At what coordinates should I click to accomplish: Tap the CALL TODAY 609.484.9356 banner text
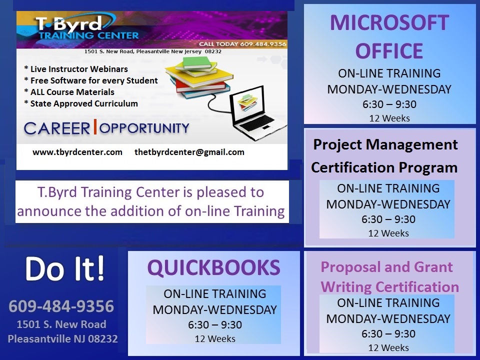click(x=242, y=44)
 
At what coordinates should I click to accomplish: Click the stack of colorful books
click(x=198, y=77)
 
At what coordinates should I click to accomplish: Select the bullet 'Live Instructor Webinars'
click(x=76, y=69)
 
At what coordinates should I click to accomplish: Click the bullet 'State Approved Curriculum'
click(x=81, y=103)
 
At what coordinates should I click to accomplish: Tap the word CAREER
click(x=57, y=128)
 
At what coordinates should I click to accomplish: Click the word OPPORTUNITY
click(x=144, y=128)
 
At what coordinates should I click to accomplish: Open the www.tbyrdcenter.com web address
click(x=77, y=152)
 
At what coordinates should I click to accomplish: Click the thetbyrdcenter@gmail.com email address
click(x=189, y=152)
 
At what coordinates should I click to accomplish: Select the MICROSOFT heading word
click(x=389, y=22)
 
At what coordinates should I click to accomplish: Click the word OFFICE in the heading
click(x=389, y=51)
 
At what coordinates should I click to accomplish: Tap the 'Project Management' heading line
click(x=385, y=144)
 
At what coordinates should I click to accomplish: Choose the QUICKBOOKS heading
click(x=213, y=267)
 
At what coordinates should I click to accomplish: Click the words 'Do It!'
click(x=65, y=269)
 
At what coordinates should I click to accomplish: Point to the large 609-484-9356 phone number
click(x=61, y=306)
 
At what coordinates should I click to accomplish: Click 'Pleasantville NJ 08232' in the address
click(x=63, y=338)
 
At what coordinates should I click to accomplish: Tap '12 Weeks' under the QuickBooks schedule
click(x=215, y=339)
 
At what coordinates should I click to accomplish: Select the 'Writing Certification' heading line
click(x=389, y=287)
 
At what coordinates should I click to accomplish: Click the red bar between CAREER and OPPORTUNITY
click(x=95, y=126)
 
